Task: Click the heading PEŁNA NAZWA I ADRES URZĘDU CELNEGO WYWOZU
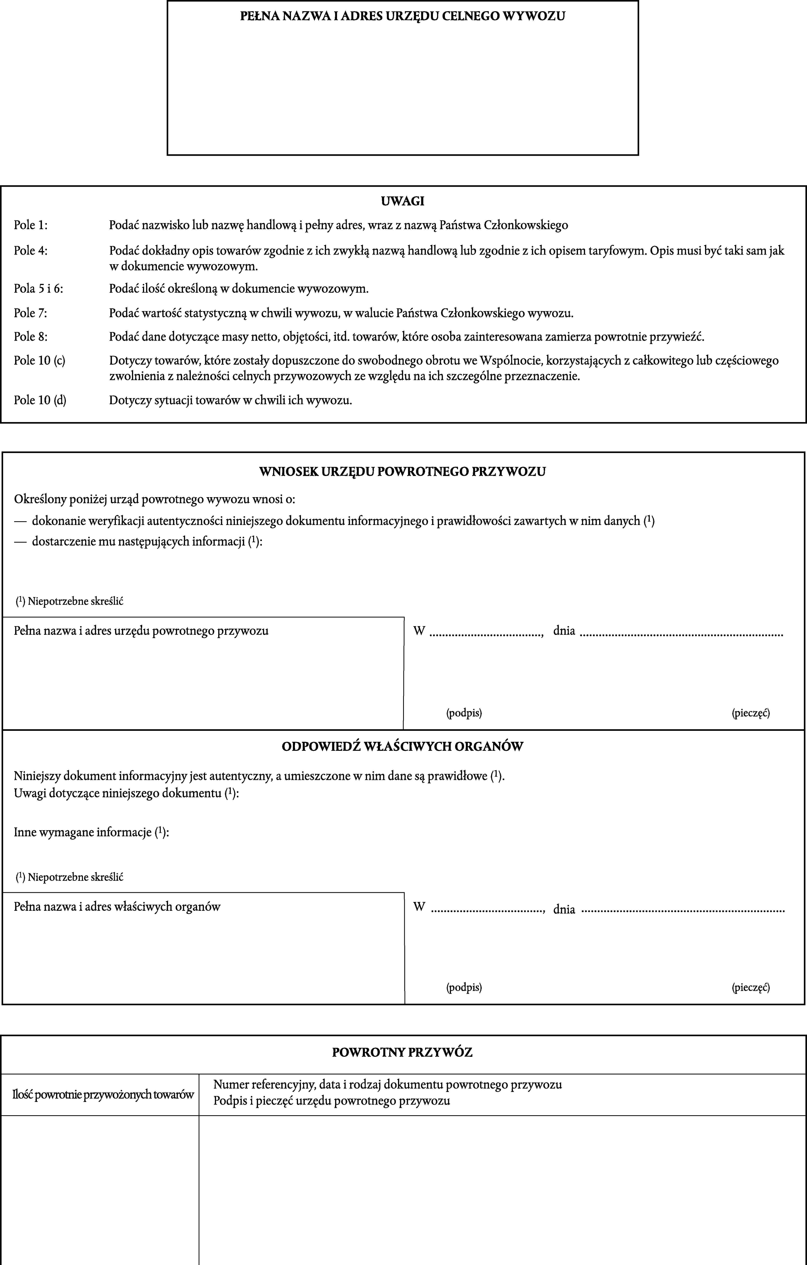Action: (x=403, y=16)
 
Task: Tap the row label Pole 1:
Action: (x=30, y=225)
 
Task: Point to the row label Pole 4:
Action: (x=30, y=251)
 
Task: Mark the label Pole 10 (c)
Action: (x=39, y=360)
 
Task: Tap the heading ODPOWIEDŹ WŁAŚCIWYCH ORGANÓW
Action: (x=403, y=746)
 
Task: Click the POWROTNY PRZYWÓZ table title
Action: (x=403, y=1052)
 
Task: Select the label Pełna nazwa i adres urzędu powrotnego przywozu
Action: (x=141, y=630)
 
